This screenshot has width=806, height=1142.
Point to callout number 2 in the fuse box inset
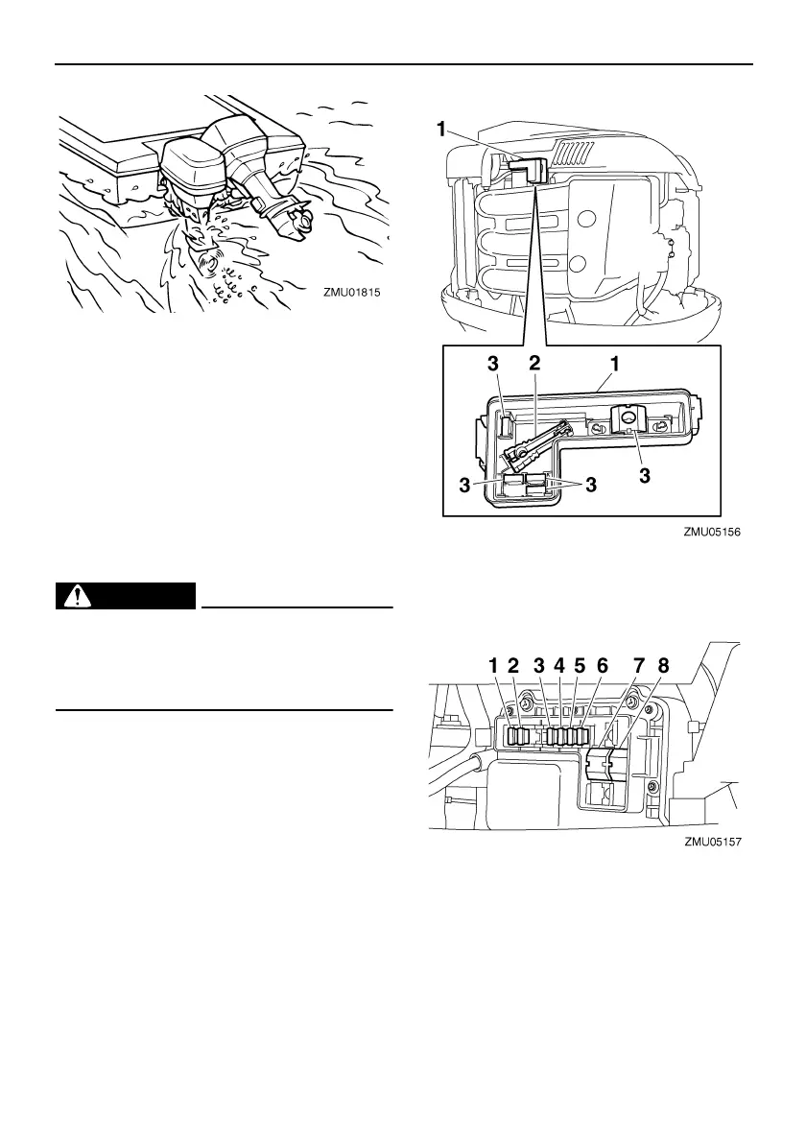[535, 366]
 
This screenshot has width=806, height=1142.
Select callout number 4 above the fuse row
[560, 665]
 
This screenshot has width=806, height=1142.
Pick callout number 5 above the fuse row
[580, 665]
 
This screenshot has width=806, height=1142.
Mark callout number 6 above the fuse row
[602, 665]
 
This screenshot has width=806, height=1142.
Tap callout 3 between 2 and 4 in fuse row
[538, 665]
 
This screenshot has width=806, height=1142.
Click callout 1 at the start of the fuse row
[493, 665]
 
